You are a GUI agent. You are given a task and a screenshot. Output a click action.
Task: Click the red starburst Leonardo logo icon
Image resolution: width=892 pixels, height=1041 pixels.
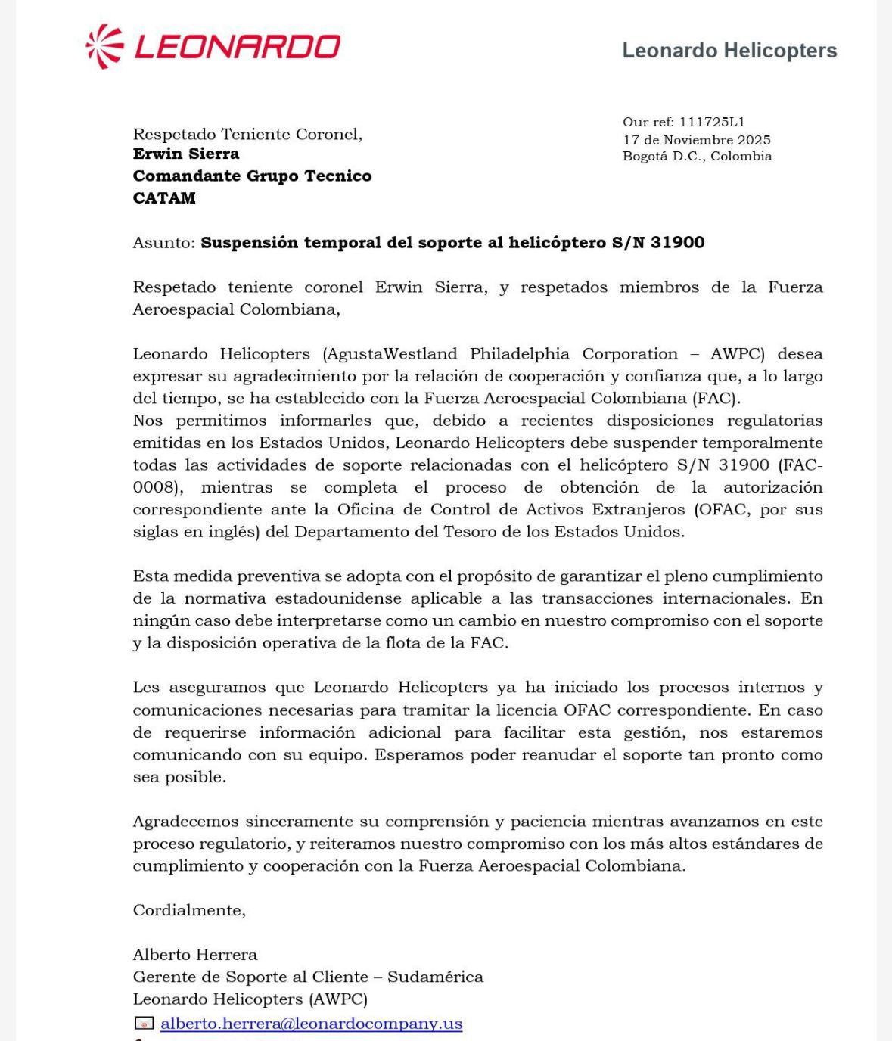[x=104, y=47]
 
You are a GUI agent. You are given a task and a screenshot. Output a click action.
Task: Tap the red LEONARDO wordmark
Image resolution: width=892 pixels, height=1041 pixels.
[x=237, y=48]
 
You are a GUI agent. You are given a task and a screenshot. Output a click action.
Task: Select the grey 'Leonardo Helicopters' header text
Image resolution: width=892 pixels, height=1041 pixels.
[x=729, y=51]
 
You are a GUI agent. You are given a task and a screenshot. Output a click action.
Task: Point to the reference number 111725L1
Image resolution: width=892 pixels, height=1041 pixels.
[x=712, y=122]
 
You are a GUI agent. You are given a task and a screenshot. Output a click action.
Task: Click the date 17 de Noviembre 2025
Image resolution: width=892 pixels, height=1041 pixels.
[x=696, y=140]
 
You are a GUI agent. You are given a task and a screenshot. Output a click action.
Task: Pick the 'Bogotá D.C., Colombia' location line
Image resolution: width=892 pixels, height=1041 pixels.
[x=697, y=156]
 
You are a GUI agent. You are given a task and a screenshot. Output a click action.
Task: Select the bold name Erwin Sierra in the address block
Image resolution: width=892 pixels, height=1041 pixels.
[x=186, y=154]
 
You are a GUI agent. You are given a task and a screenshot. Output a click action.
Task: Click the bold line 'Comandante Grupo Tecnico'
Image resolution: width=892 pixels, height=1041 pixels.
[x=252, y=176]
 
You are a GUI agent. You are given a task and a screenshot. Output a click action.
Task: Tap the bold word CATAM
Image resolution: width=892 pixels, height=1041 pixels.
[x=164, y=198]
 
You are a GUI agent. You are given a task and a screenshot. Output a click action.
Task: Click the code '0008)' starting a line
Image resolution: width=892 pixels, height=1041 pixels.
[x=157, y=487]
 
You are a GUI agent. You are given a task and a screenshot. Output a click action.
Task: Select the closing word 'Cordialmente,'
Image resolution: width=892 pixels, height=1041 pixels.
[x=189, y=910]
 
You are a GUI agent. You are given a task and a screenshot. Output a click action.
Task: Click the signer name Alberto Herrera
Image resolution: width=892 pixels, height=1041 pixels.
[x=195, y=955]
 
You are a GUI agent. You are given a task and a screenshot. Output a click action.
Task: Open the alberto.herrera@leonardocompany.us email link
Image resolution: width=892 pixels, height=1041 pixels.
[x=311, y=1024]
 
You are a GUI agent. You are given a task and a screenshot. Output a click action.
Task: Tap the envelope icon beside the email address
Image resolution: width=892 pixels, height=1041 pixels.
[x=143, y=1024]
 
